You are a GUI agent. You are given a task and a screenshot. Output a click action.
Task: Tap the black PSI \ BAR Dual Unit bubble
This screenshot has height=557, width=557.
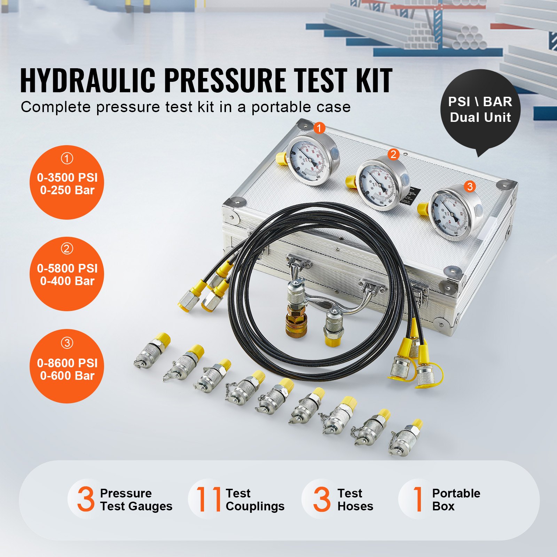click(x=480, y=110)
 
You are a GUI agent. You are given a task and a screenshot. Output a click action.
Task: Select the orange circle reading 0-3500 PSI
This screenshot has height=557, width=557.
click(x=67, y=182)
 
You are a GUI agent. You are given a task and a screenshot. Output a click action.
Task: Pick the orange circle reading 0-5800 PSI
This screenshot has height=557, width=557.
click(x=67, y=274)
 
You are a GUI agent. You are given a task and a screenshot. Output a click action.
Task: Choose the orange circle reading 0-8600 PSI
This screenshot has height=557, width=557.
click(x=67, y=366)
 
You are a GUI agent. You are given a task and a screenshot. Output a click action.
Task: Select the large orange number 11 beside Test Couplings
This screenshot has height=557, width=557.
click(x=209, y=499)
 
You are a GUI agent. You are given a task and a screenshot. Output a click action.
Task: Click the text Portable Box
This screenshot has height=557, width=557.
click(x=456, y=500)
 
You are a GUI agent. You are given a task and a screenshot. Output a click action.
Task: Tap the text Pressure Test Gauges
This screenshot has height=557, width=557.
click(x=136, y=500)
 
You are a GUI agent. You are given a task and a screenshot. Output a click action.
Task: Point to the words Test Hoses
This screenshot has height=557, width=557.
click(x=355, y=500)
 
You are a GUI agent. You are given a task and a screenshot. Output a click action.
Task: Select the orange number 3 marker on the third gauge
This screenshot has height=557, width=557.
click(x=470, y=187)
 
